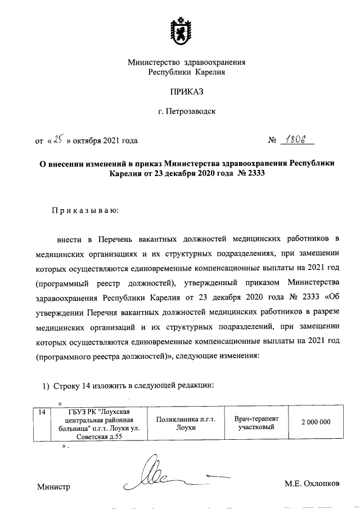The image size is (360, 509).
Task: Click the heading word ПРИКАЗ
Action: tap(186, 91)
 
